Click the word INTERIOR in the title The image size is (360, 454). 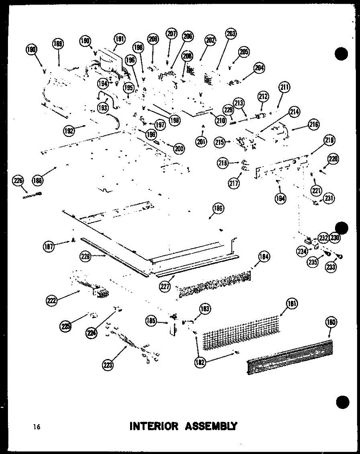[x=154, y=426]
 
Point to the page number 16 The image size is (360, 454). [x=37, y=427]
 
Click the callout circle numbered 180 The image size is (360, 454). [x=331, y=322]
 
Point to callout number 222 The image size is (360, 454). [x=51, y=301]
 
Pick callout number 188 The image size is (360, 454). [x=37, y=180]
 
